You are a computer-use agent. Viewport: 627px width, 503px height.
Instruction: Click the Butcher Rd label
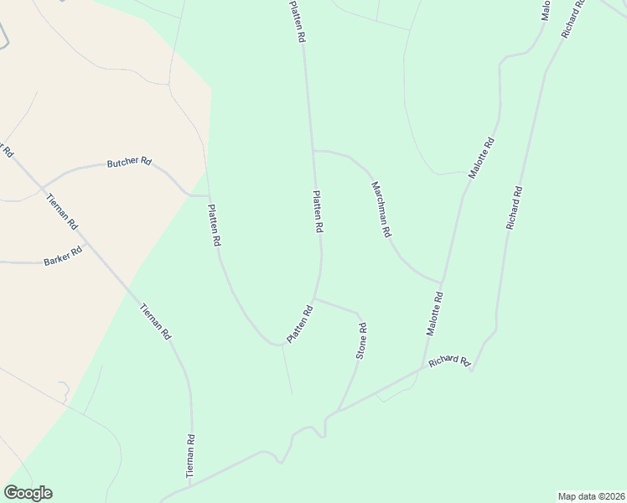coord(128,162)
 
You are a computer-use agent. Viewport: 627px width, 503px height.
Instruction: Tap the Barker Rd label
coord(63,256)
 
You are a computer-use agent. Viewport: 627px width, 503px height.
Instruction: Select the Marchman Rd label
coord(381,210)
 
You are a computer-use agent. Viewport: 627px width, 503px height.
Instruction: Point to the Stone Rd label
coord(362,341)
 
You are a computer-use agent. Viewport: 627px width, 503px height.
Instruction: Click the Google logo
coord(28,493)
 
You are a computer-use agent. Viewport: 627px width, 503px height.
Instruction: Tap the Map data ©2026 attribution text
coord(591,495)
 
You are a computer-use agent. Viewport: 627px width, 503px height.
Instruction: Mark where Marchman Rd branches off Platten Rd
coord(313,151)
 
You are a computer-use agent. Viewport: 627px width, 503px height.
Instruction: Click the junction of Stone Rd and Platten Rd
coord(314,298)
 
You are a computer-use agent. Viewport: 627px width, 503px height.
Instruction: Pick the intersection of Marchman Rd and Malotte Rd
coord(440,282)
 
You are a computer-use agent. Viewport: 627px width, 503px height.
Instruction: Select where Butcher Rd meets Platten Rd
coord(208,195)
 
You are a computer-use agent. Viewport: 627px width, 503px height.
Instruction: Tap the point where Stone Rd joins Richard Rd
coord(338,411)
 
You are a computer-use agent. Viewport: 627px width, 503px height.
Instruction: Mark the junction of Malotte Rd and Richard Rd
coord(422,367)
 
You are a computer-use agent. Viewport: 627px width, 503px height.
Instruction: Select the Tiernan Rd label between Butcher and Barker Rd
coord(61,213)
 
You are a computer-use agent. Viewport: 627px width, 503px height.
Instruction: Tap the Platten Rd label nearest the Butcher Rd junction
coord(214,225)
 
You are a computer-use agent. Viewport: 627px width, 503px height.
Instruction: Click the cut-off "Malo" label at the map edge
coord(545,10)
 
